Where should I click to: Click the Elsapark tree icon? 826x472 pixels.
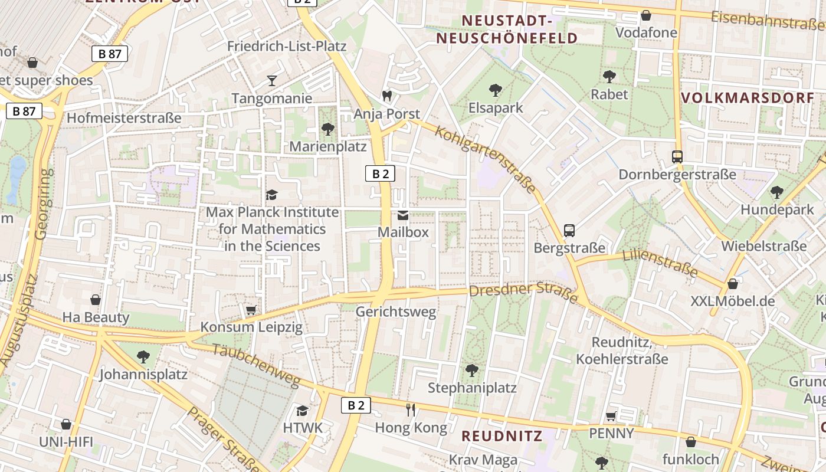(x=496, y=90)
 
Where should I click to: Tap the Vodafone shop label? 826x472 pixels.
(x=646, y=32)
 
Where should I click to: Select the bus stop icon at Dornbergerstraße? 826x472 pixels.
(x=677, y=157)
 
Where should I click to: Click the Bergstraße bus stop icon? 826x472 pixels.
(x=569, y=231)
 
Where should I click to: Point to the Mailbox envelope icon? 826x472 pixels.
(x=403, y=215)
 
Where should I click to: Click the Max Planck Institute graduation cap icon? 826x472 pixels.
(x=271, y=195)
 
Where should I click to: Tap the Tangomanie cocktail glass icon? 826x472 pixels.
(x=271, y=81)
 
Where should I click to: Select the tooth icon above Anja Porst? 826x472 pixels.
(x=387, y=96)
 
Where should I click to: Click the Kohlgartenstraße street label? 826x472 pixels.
(x=487, y=158)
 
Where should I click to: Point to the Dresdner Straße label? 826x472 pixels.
(x=523, y=292)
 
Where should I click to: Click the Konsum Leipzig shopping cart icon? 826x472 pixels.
(x=251, y=310)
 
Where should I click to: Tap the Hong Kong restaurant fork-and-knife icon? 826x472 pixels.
(x=411, y=409)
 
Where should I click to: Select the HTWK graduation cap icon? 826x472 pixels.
(x=303, y=410)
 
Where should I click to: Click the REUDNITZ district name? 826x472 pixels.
(x=501, y=436)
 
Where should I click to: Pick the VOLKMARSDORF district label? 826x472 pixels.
(x=748, y=98)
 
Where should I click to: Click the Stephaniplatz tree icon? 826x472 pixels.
(x=471, y=371)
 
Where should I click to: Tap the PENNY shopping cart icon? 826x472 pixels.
(x=611, y=417)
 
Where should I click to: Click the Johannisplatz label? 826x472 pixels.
(x=143, y=375)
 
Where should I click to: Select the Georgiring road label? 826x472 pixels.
(x=43, y=204)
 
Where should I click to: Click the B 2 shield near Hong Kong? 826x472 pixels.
(x=356, y=405)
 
